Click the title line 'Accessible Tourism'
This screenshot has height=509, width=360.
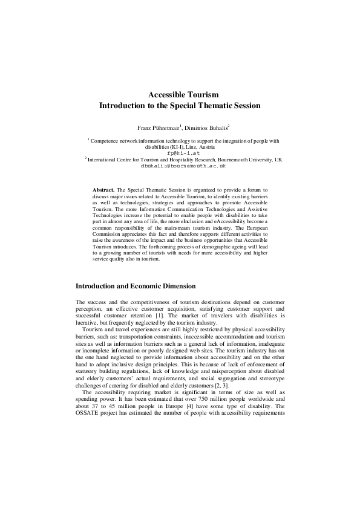pos(180,94)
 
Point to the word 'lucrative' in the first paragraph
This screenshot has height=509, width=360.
pos(88,322)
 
